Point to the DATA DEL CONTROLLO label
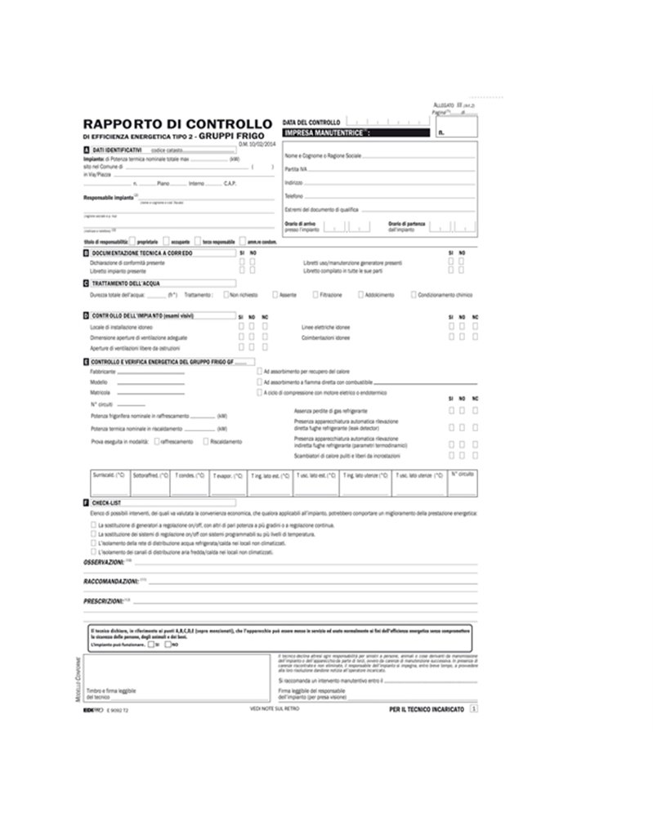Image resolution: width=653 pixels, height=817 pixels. (x=311, y=122)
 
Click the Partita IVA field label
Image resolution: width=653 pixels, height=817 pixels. (x=296, y=168)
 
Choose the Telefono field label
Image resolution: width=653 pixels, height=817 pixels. (x=294, y=196)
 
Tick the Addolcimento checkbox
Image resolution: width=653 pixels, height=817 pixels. (x=360, y=294)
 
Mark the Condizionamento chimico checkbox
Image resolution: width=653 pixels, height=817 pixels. (x=414, y=294)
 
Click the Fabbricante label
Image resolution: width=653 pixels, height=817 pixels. (x=102, y=371)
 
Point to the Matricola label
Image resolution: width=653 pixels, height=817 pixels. (x=100, y=393)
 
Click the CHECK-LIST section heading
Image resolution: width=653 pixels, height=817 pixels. (x=107, y=503)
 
